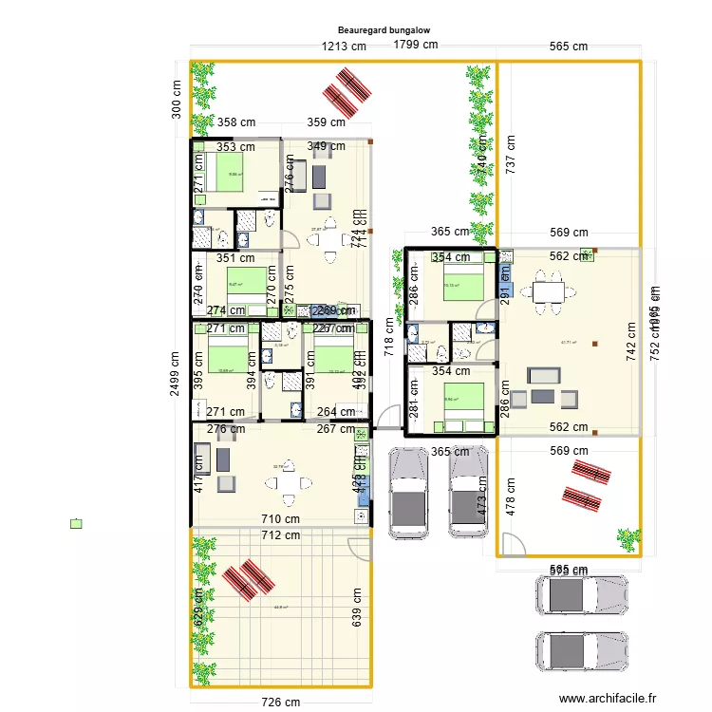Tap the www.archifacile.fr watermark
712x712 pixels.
click(x=608, y=698)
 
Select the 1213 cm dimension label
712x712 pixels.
click(x=344, y=46)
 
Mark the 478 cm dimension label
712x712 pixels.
click(x=512, y=494)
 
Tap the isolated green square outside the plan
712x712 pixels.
click(x=77, y=523)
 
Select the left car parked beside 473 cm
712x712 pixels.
click(x=409, y=493)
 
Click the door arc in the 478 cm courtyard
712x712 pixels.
click(x=513, y=543)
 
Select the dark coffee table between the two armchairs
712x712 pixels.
click(x=544, y=395)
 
